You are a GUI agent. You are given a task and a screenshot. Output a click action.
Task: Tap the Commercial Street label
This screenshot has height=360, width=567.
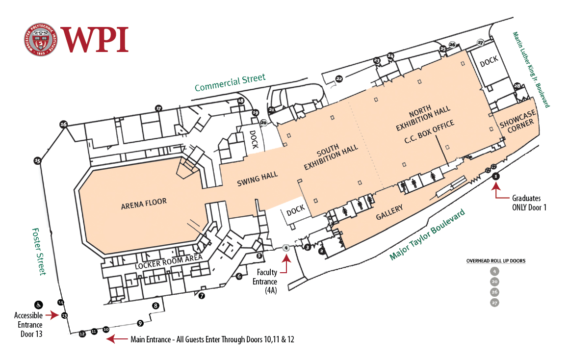click(x=230, y=83)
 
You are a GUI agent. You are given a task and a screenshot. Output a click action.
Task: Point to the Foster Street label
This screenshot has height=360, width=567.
click(x=39, y=251)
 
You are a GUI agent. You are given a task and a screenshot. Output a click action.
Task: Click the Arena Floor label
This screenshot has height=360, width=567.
click(x=144, y=204)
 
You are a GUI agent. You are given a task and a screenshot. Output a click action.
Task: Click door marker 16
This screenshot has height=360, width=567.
click(x=63, y=124)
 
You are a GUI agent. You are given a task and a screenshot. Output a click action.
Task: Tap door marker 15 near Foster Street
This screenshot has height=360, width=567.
click(x=37, y=160)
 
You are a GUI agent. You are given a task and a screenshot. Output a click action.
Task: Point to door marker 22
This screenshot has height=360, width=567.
click(x=339, y=78)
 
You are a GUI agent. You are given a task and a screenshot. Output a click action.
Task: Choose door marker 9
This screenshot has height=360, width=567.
click(x=140, y=323)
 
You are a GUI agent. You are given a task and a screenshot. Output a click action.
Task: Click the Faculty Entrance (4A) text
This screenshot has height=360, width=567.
click(x=265, y=282)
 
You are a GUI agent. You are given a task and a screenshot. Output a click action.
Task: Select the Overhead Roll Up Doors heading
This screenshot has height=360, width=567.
click(x=495, y=261)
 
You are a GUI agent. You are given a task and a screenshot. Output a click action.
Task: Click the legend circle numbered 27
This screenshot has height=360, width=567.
click(x=494, y=303)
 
